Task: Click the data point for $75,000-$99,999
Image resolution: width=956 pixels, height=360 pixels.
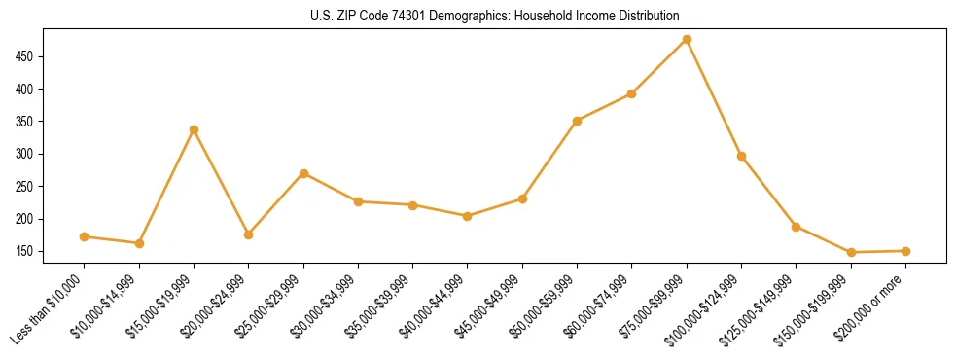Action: pyautogui.click(x=687, y=39)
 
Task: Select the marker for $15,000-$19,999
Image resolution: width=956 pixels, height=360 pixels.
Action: pyautogui.click(x=194, y=129)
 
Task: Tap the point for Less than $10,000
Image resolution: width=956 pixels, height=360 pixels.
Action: pyautogui.click(x=85, y=236)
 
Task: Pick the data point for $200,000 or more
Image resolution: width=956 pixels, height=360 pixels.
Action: pyautogui.click(x=905, y=251)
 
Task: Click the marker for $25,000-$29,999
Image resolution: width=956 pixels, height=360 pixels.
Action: pyautogui.click(x=303, y=173)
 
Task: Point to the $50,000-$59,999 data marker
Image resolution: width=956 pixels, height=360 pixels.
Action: pyautogui.click(x=578, y=121)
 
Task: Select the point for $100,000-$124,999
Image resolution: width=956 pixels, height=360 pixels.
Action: pyautogui.click(x=742, y=156)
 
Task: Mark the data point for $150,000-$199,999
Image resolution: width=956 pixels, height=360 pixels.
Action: pyautogui.click(x=851, y=252)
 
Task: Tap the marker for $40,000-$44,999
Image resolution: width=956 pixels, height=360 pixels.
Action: pyautogui.click(x=468, y=216)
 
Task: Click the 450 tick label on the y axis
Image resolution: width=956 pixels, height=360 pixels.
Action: pyautogui.click(x=27, y=56)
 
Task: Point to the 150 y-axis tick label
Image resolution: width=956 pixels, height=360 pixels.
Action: pyautogui.click(x=27, y=251)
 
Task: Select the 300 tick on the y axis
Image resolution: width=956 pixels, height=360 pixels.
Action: pyautogui.click(x=27, y=154)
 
